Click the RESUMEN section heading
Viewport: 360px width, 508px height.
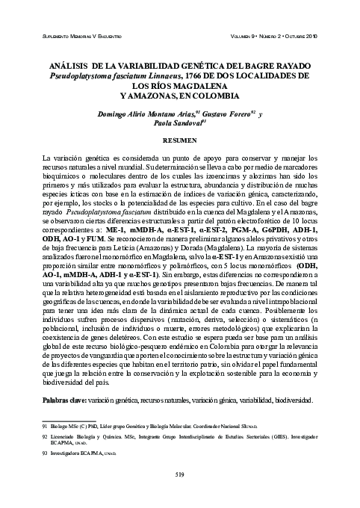pos(179,140)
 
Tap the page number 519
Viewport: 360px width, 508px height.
pos(179,474)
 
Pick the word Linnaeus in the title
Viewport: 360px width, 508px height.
pos(166,76)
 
